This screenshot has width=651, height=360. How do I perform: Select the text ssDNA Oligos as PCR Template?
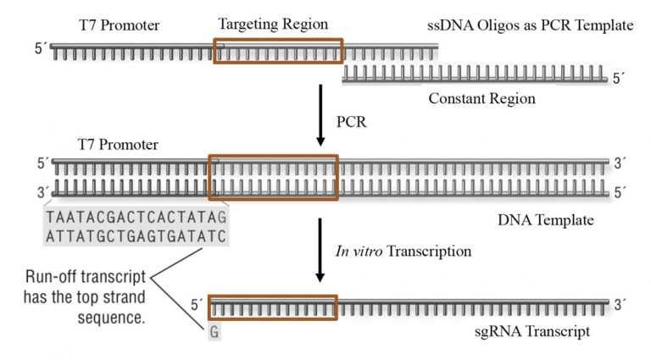(531, 25)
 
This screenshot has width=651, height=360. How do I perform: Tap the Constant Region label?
(481, 98)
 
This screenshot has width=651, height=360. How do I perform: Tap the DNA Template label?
(542, 221)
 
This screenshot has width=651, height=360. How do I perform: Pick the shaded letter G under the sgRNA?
(214, 332)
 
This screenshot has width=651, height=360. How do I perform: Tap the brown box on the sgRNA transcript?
(272, 307)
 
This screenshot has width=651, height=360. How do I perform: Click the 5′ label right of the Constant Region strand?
(622, 79)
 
